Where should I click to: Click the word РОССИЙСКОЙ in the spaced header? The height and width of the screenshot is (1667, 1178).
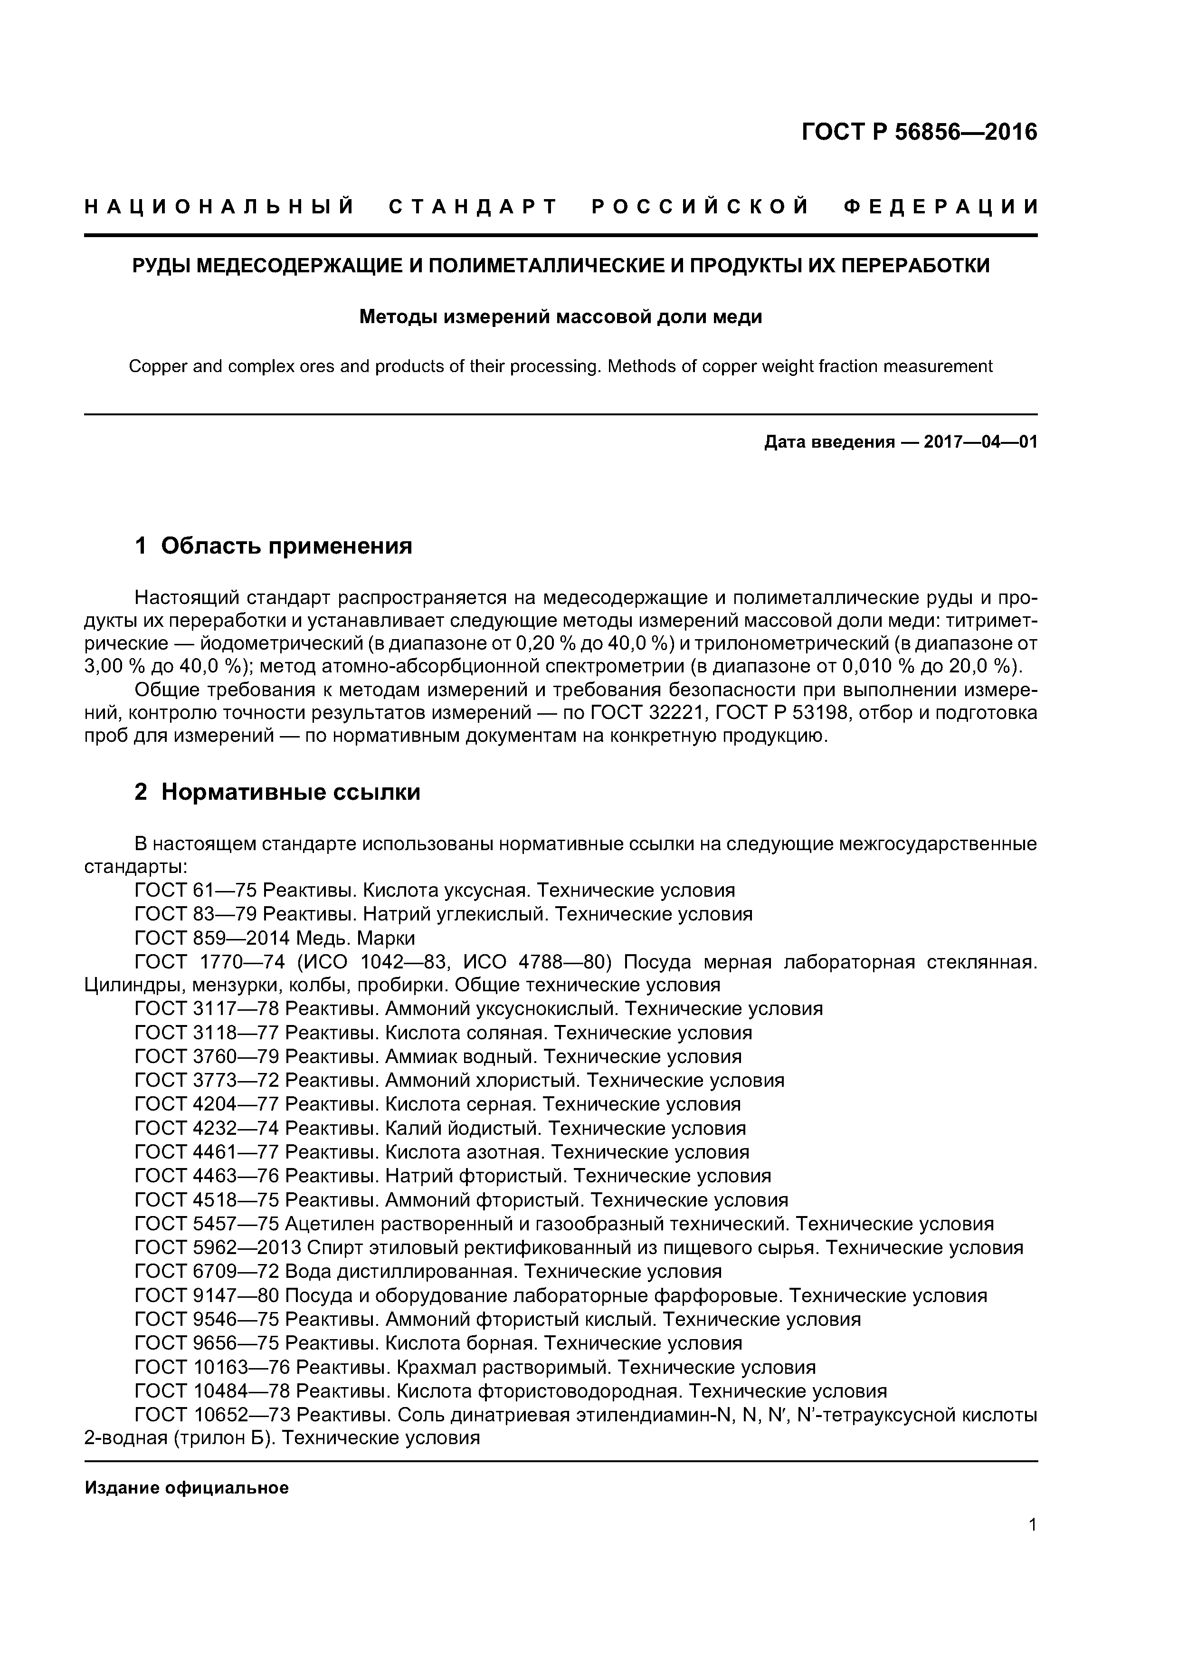tap(701, 207)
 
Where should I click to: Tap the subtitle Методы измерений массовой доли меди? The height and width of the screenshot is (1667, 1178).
tap(560, 317)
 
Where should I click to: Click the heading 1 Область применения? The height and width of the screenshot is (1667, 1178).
tap(273, 545)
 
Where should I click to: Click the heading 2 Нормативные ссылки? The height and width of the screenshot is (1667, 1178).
tap(277, 792)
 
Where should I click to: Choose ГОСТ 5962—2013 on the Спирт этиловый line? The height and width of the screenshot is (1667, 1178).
tap(217, 1247)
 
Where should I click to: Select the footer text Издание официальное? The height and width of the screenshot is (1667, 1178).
tap(187, 1488)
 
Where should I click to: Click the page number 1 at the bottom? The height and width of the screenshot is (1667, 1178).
tap(1032, 1545)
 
